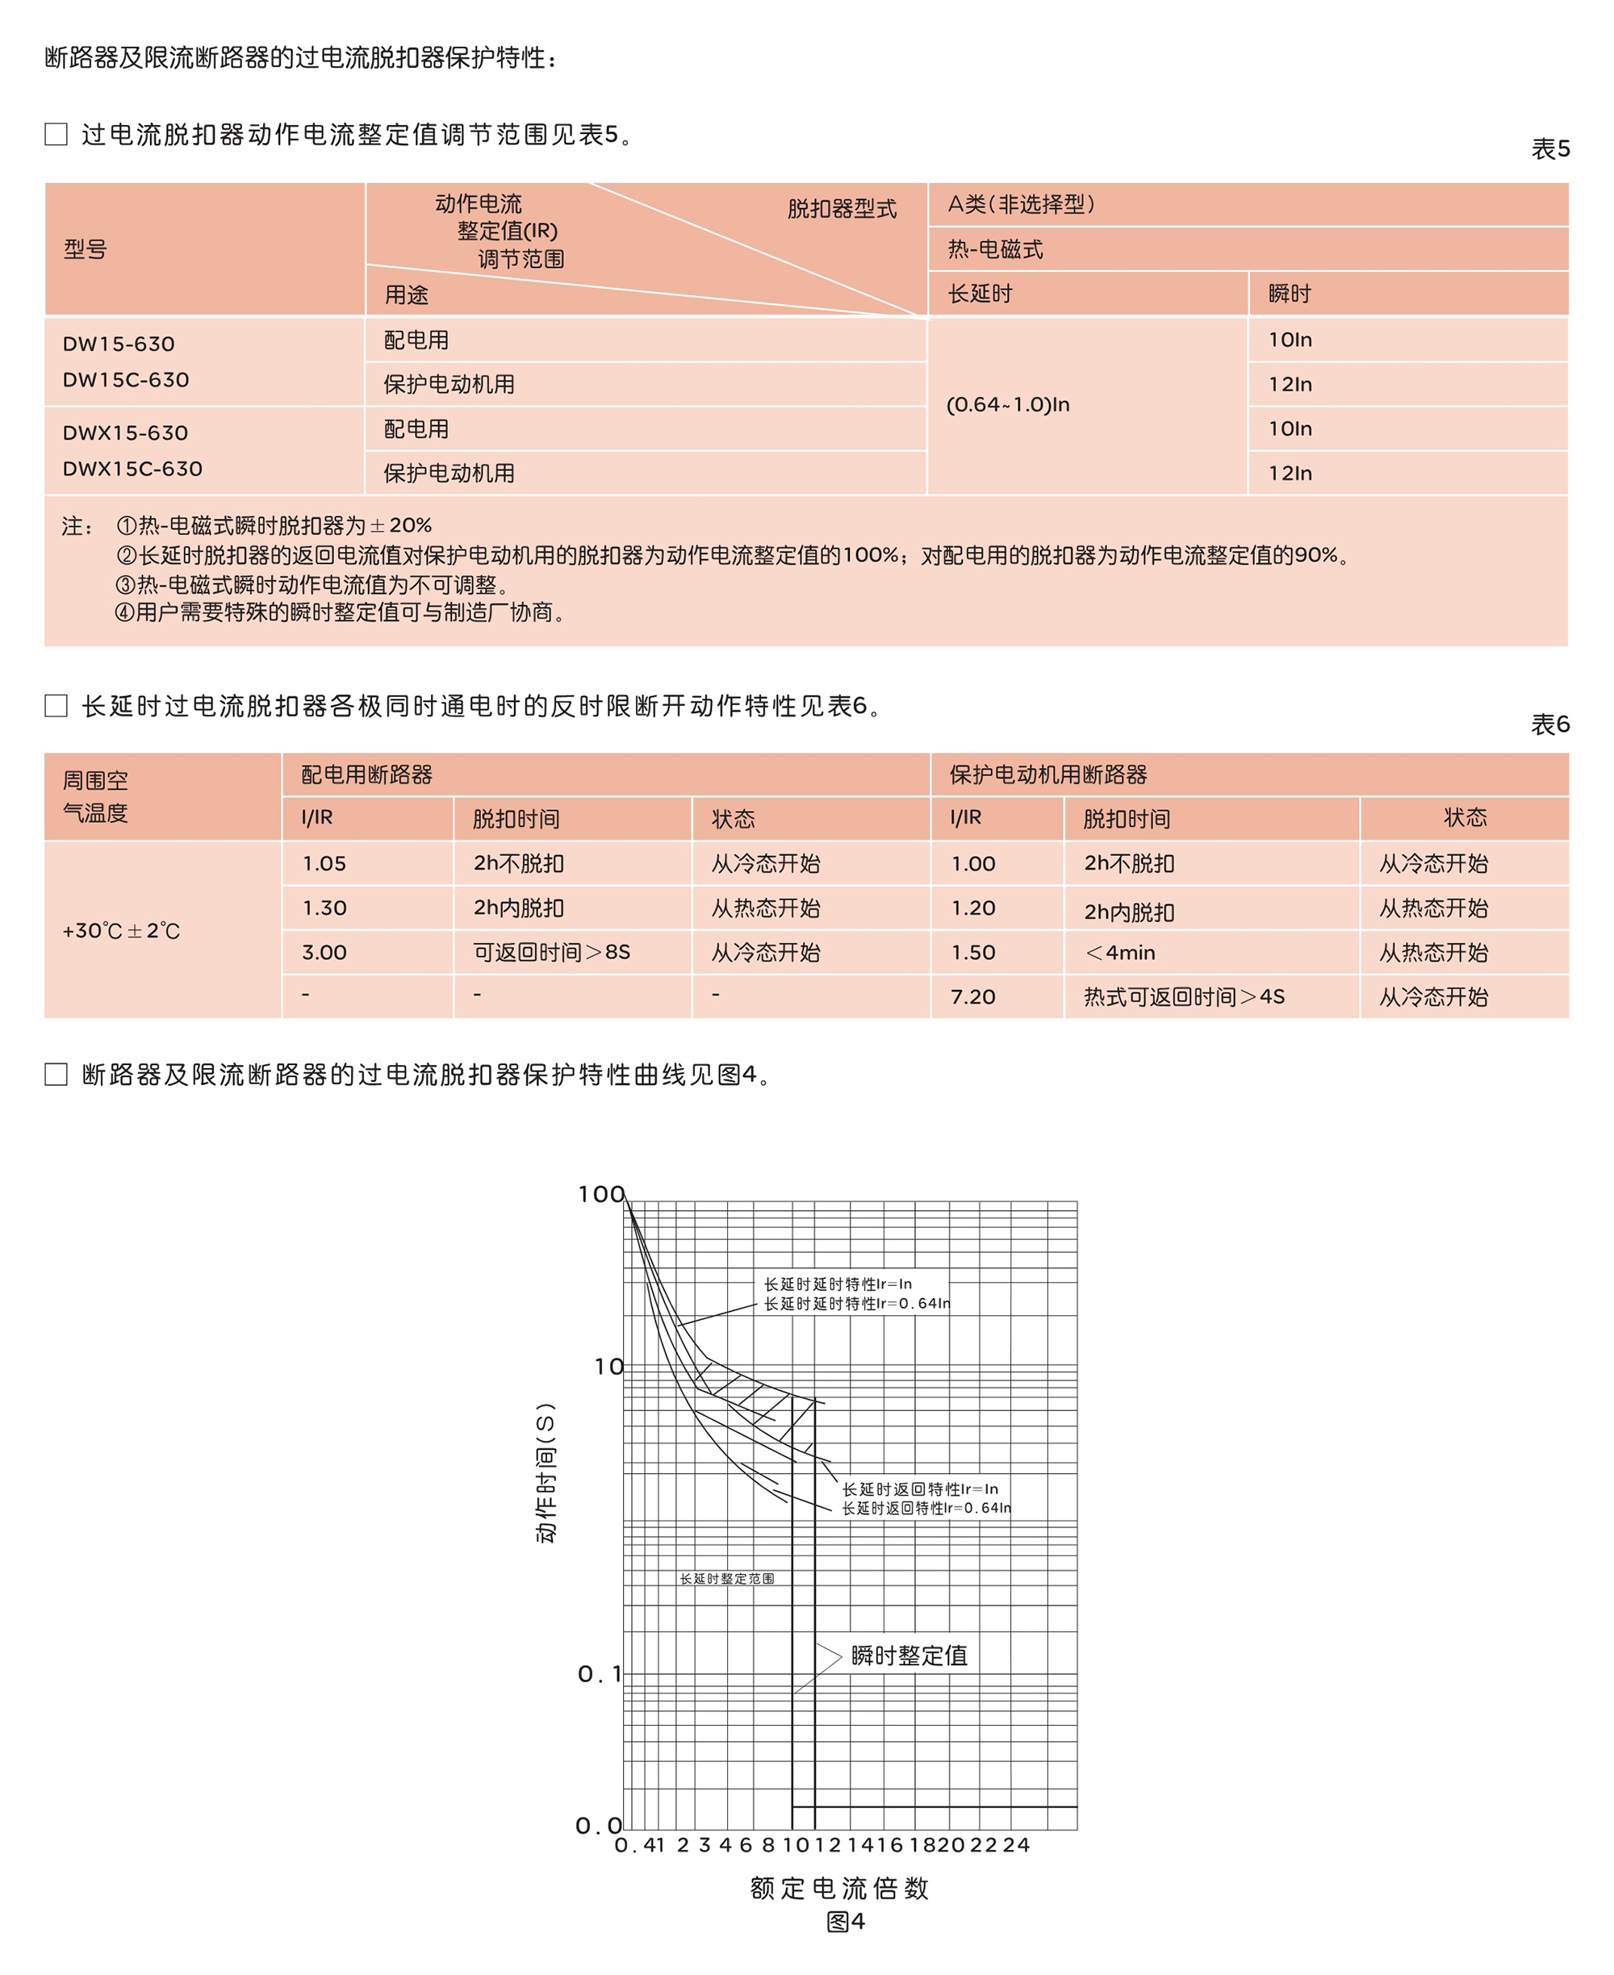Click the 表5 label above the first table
pos(1550,148)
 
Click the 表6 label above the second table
pos(1550,724)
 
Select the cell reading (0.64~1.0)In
pos(1008,404)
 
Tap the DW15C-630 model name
pos(126,379)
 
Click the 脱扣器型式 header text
pos(842,208)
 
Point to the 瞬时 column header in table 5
pos(1290,294)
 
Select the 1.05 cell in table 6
pos(324,863)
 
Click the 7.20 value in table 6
pos(972,996)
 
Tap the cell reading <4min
pos(1120,953)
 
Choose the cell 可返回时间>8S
pos(551,952)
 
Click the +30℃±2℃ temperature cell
pos(121,930)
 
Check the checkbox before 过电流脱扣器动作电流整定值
pos(56,134)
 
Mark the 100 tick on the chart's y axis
pos(600,1194)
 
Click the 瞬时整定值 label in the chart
pos(909,1656)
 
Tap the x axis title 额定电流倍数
pos(839,1888)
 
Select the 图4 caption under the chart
pos(845,1921)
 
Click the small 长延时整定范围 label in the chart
pos(726,1578)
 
